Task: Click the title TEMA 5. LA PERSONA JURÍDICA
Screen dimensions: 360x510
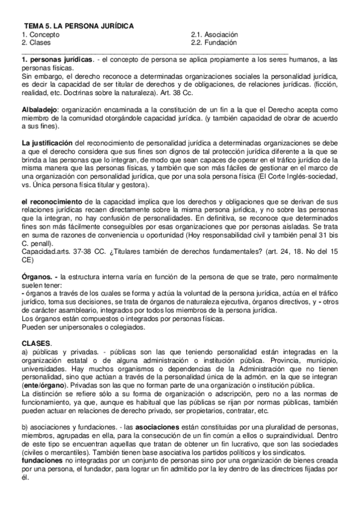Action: point(78,26)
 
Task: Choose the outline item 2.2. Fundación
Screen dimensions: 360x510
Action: point(213,43)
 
